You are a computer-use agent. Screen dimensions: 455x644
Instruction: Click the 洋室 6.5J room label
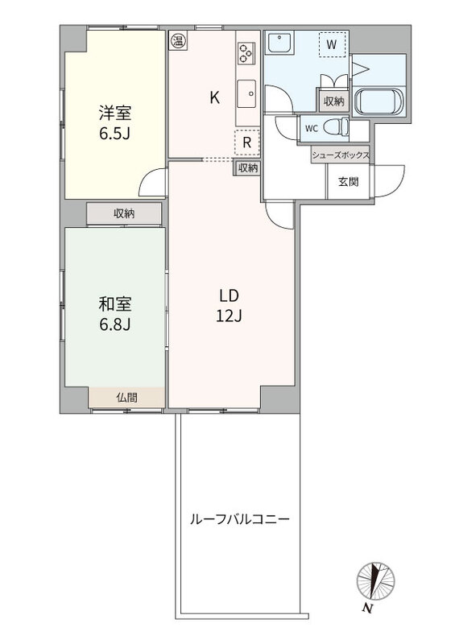[x=114, y=123]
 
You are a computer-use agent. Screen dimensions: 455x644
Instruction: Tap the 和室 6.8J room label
[x=114, y=315]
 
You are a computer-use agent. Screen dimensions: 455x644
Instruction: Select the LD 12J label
[x=229, y=306]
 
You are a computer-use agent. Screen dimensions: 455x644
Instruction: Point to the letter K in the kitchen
[x=214, y=97]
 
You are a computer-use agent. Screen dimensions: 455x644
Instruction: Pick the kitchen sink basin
[x=246, y=93]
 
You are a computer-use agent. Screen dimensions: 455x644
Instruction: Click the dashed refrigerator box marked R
[x=247, y=142]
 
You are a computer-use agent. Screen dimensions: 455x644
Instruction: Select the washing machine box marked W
[x=332, y=44]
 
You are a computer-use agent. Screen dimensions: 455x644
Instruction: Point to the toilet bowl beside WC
[x=335, y=127]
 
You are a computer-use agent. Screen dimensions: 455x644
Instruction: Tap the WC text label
[x=311, y=128]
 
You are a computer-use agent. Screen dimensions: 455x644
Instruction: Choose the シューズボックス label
[x=341, y=155]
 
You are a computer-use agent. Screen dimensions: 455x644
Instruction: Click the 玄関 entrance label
[x=348, y=182]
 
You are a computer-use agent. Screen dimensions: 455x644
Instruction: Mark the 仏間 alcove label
[x=126, y=397]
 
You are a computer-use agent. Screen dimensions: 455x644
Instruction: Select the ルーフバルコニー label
[x=239, y=519]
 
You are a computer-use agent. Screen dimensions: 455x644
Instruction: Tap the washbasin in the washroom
[x=279, y=43]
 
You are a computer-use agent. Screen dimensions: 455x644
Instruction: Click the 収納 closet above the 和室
[x=124, y=213]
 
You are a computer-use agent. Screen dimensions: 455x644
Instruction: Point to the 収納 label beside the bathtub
[x=333, y=101]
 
